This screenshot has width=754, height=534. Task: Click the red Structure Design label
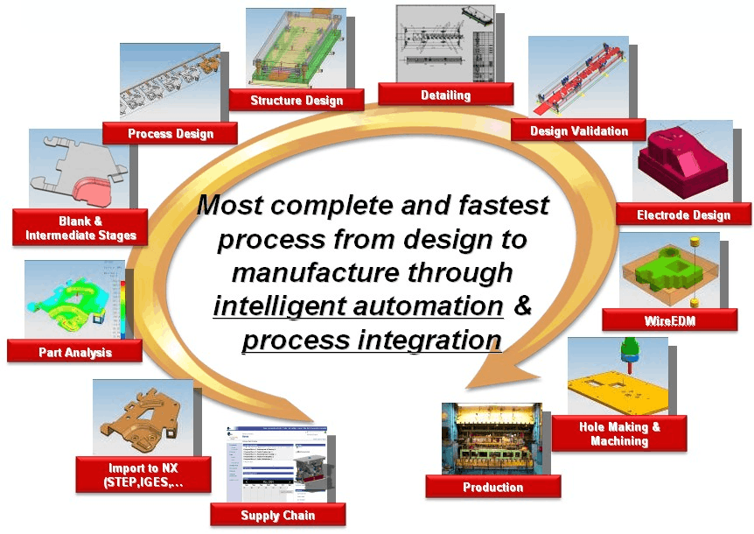click(297, 101)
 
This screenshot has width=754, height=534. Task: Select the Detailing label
click(445, 95)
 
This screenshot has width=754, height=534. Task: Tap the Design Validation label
click(579, 131)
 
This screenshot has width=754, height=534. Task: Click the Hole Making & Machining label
click(619, 433)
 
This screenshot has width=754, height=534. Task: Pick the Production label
click(492, 487)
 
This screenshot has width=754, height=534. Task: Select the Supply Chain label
click(277, 515)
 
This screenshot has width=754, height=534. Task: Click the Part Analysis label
click(75, 352)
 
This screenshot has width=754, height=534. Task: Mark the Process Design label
click(170, 134)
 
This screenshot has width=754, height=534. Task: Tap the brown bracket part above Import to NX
click(140, 417)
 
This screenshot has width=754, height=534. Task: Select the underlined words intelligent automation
click(358, 306)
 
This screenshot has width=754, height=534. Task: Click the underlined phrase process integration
click(372, 340)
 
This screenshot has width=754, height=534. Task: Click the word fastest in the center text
click(505, 207)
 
